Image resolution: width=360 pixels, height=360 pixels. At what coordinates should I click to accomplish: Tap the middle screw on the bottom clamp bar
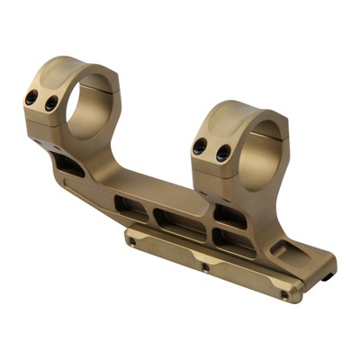tap(207, 267)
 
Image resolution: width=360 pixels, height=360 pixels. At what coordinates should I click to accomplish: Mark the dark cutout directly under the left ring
tap(68, 162)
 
